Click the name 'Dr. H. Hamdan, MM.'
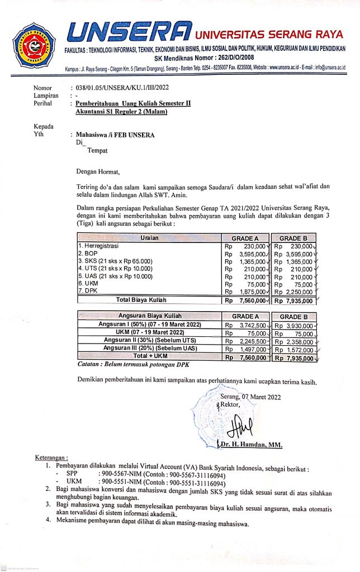tap(251, 445)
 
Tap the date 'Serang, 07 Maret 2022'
tap(252, 397)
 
